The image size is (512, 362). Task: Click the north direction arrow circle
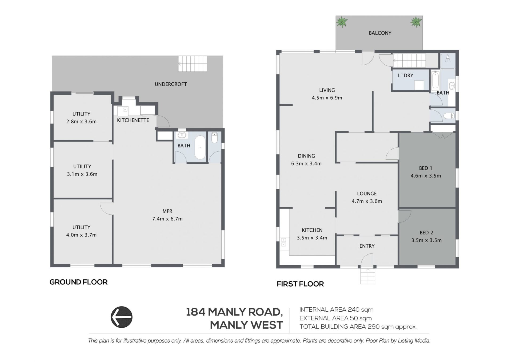point(122,317)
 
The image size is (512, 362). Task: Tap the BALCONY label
point(380,33)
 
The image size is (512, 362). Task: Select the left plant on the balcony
point(342,22)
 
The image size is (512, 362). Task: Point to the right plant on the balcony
point(416,22)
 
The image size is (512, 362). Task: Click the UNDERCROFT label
point(171,84)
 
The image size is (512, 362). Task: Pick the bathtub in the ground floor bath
point(200,147)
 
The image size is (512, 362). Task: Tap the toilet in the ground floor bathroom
point(214,138)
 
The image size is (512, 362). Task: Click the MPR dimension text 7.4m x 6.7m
point(167,219)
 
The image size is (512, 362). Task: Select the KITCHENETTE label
point(133,120)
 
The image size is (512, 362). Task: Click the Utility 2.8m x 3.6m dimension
point(81,122)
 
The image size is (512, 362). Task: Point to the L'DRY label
point(406,76)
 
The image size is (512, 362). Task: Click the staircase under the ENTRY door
point(368,276)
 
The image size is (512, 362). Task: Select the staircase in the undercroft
point(193,64)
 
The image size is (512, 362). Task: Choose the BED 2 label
point(426,233)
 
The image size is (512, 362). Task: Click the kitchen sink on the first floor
point(284,242)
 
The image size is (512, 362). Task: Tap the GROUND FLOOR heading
point(79,282)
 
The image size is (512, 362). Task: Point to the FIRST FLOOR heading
point(300,284)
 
